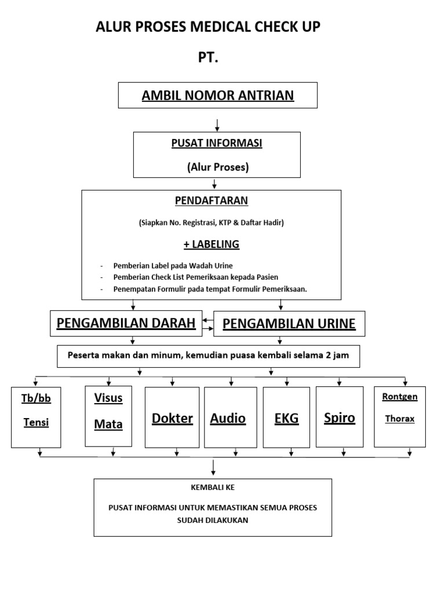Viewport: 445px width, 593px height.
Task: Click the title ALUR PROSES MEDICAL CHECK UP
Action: (x=208, y=27)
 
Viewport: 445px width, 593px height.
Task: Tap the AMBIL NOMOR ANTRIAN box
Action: (x=218, y=95)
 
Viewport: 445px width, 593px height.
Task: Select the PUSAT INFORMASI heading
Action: (x=217, y=144)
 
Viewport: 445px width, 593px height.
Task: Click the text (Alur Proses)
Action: (x=217, y=167)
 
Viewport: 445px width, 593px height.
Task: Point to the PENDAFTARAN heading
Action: (x=211, y=200)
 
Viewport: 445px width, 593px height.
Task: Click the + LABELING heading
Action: (x=211, y=244)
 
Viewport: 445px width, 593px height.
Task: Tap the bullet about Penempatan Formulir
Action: (x=210, y=288)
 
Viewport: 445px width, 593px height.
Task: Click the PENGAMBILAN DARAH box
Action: (x=126, y=323)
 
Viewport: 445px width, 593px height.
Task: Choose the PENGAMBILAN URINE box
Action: (x=289, y=324)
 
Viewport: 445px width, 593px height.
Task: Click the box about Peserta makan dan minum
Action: (x=208, y=356)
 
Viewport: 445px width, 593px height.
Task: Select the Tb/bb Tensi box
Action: (x=36, y=417)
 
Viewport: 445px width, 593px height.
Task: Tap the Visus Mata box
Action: (x=108, y=416)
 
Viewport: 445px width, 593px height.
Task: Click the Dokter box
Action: (x=172, y=418)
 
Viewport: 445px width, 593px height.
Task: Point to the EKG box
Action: (x=286, y=418)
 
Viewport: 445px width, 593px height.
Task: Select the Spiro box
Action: (x=339, y=418)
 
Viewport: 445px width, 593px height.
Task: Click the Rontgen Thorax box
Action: (x=400, y=416)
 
